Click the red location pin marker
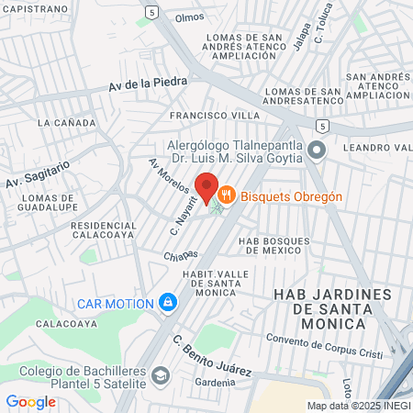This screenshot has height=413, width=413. click(x=206, y=188)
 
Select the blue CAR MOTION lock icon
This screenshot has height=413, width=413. click(x=168, y=302)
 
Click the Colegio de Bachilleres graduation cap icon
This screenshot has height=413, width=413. click(x=162, y=375)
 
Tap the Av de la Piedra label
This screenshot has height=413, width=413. click(x=148, y=84)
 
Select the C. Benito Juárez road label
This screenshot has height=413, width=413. click(x=212, y=356)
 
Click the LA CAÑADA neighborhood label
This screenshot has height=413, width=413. click(x=61, y=121)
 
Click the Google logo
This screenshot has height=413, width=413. click(x=30, y=401)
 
